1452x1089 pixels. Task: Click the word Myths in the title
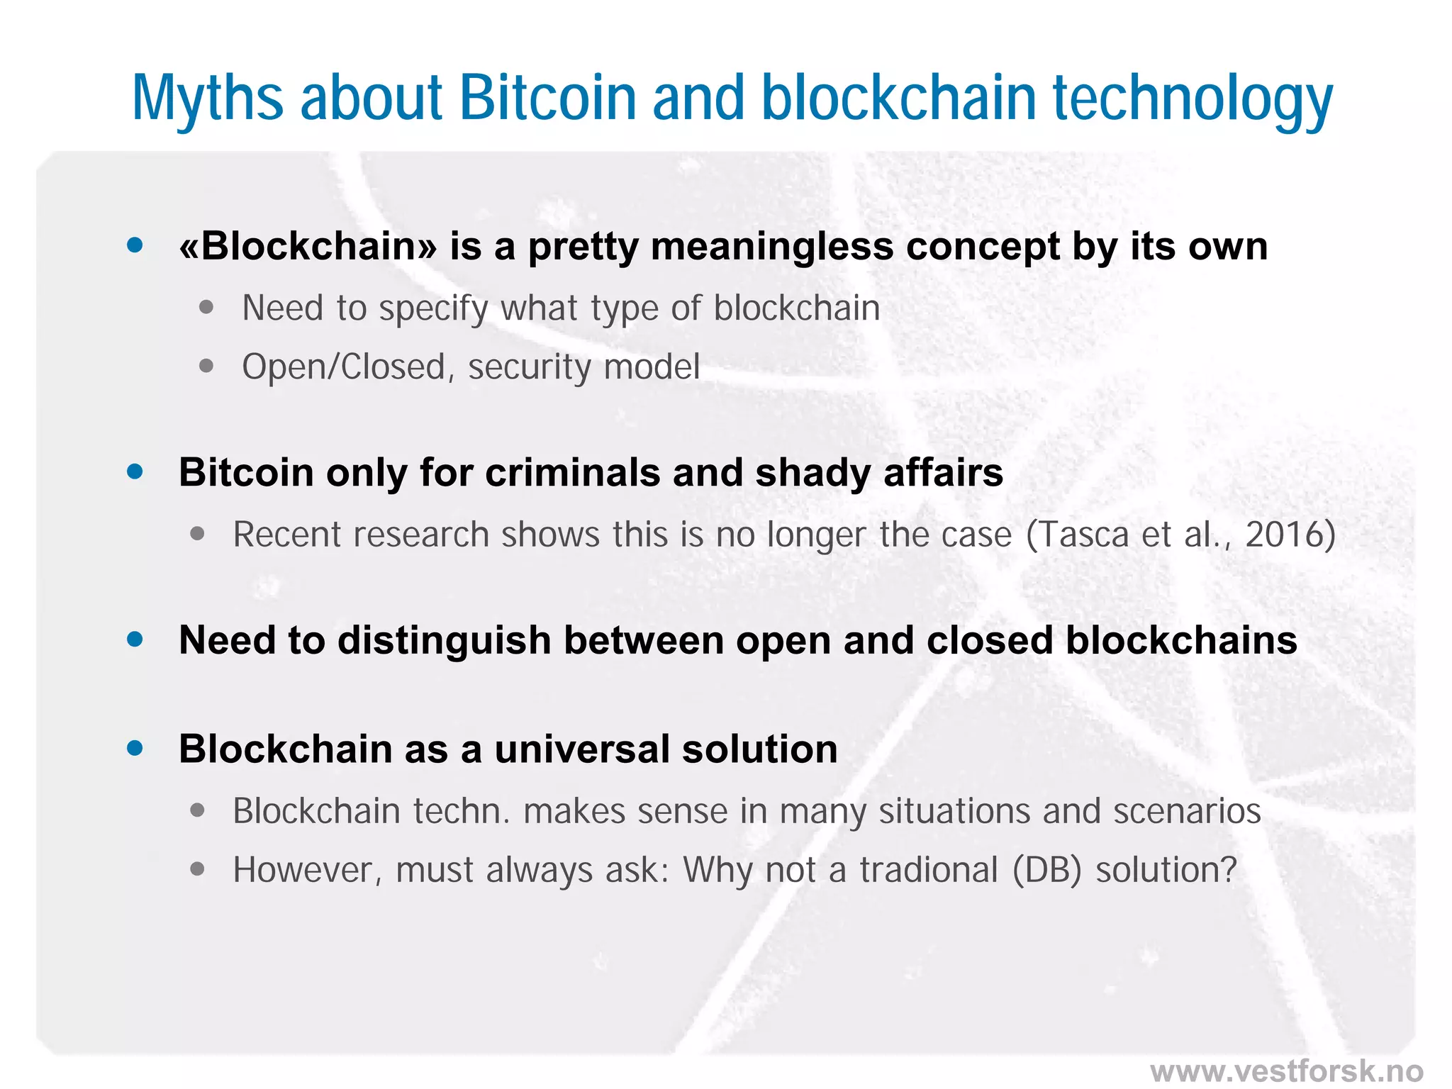(208, 99)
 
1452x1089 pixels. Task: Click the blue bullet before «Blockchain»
(135, 245)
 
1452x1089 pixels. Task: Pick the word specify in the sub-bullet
(434, 309)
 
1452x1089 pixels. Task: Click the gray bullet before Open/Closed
(206, 366)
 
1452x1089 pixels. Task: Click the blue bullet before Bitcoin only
(135, 472)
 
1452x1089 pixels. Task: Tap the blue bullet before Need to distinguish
(135, 640)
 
